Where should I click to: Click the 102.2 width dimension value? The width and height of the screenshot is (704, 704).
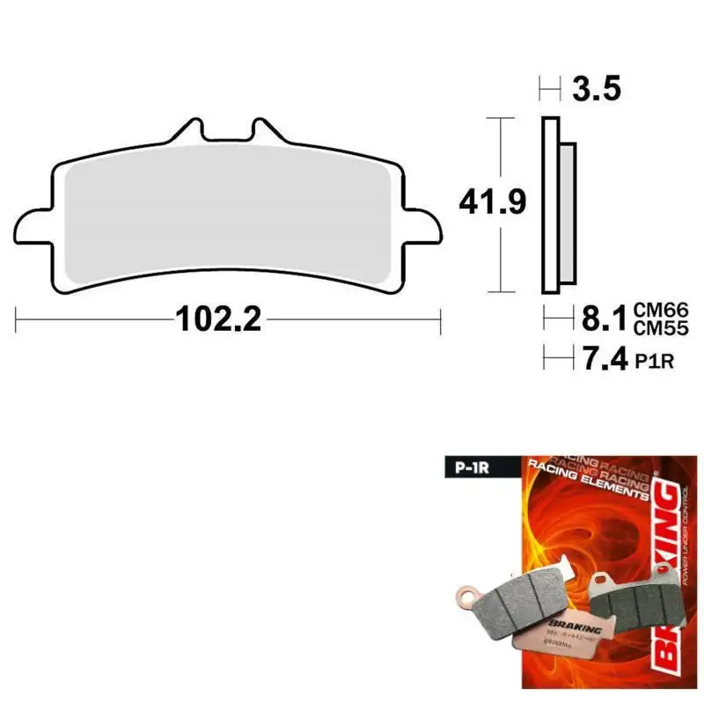coord(220,319)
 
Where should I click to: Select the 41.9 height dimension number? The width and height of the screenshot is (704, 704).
coord(492,203)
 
